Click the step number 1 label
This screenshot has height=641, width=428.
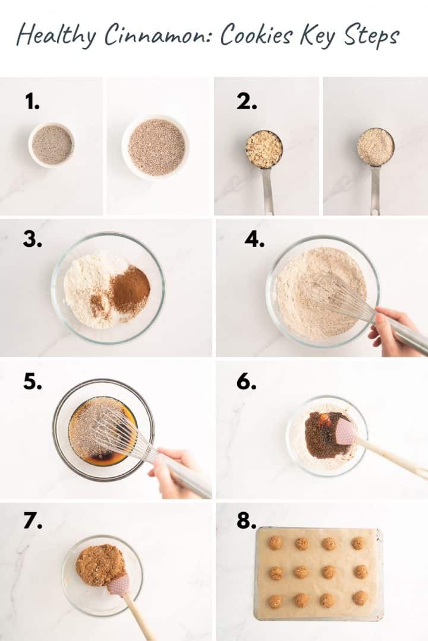(32, 102)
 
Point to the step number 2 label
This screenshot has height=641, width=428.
(247, 102)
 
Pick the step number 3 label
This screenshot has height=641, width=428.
(32, 239)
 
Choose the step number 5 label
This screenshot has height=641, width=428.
(32, 382)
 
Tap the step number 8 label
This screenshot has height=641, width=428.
(246, 521)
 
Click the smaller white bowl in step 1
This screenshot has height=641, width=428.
(52, 145)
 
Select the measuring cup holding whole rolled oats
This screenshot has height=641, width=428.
(265, 150)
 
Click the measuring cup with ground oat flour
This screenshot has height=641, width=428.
(376, 147)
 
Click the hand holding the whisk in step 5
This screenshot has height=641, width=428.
(172, 469)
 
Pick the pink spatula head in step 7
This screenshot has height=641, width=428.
(118, 584)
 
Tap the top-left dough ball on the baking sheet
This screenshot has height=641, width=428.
(275, 542)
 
